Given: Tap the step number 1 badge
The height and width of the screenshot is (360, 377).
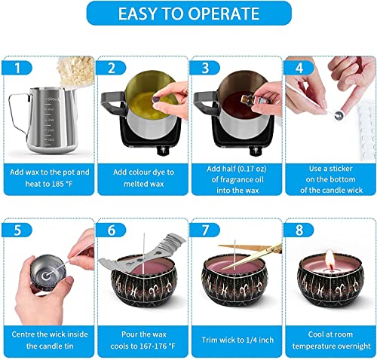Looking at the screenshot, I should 20,67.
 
